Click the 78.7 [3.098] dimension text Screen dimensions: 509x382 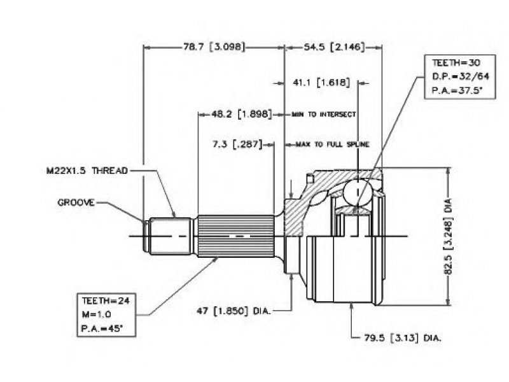[214, 46]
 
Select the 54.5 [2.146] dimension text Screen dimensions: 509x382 [334, 46]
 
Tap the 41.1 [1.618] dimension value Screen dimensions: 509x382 [321, 83]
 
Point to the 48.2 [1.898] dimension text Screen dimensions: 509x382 [242, 114]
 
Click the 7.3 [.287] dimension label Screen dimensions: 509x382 [237, 144]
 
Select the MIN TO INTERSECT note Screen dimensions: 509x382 [324, 115]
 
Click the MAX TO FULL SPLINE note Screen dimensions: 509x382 [332, 145]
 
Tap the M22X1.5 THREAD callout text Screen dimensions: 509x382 [87, 171]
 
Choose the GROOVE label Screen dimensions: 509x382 [76, 202]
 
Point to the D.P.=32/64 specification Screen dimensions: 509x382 [460, 76]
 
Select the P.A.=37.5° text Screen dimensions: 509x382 [457, 90]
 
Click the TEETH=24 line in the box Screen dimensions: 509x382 [106, 301]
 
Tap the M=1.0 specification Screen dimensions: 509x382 [97, 315]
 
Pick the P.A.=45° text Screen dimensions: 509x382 [102, 329]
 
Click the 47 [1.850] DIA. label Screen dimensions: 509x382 [234, 311]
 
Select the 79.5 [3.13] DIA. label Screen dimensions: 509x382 [403, 338]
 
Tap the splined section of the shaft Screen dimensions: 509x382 [236, 236]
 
